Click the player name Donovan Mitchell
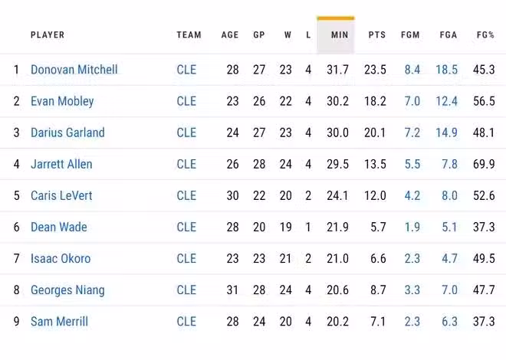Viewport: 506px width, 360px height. click(x=74, y=70)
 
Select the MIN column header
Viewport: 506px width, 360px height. click(x=339, y=35)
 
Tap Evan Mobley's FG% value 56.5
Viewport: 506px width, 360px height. click(x=484, y=101)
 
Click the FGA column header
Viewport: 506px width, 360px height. click(x=449, y=35)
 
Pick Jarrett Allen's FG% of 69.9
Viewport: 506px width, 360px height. click(x=484, y=164)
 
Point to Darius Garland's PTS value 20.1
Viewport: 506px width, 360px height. click(x=375, y=133)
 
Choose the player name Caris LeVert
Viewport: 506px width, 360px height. click(x=61, y=195)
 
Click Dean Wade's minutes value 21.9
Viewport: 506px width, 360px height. click(x=337, y=227)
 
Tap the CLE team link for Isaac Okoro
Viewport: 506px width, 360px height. click(x=186, y=258)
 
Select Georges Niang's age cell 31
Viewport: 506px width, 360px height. click(x=232, y=290)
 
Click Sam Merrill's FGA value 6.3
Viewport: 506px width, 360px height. click(x=449, y=322)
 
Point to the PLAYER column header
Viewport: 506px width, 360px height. click(x=48, y=35)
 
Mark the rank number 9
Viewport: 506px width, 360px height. click(x=16, y=322)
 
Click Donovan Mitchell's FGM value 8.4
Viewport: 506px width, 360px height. click(x=412, y=70)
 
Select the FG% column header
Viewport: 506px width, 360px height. click(x=485, y=35)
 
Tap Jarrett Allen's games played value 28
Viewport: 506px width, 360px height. click(x=259, y=164)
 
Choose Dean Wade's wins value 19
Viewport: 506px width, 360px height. click(x=285, y=227)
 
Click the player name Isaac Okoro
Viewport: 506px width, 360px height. click(x=61, y=258)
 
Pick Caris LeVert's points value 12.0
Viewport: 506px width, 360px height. click(x=375, y=195)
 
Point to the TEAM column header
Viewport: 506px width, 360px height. click(x=189, y=35)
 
